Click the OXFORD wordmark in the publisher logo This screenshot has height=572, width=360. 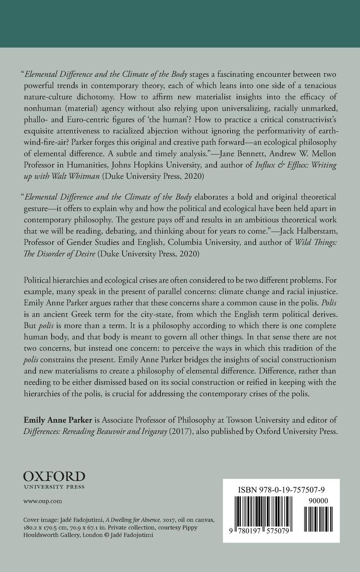pos(54,477)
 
